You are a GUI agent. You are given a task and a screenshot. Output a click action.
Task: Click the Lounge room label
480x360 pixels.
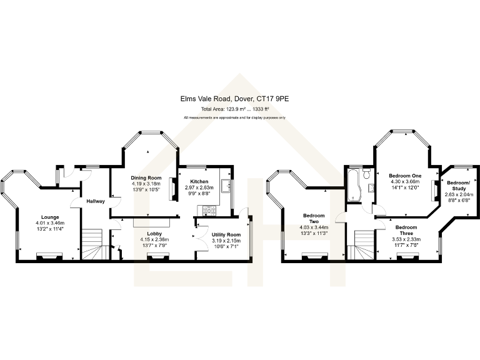[x=50, y=217]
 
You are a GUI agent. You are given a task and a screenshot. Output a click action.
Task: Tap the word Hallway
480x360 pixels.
[x=96, y=201]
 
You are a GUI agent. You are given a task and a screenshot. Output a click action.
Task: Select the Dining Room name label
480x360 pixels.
[x=146, y=177]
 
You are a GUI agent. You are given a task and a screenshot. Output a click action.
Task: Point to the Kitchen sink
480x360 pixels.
[x=225, y=185]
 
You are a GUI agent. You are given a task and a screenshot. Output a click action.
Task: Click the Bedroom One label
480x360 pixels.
[x=404, y=176]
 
